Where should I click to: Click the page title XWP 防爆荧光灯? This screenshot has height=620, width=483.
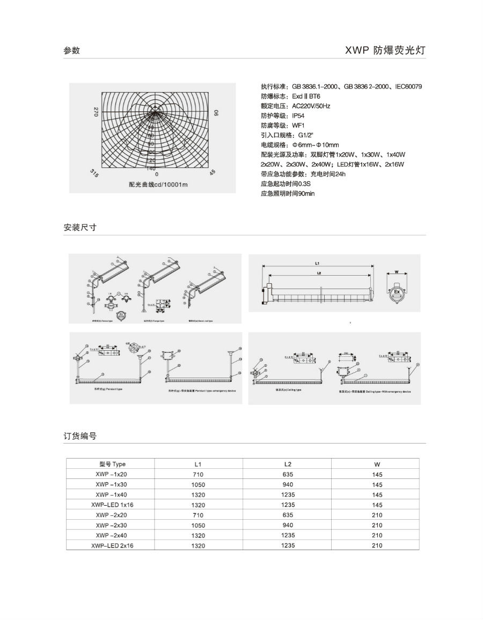385,50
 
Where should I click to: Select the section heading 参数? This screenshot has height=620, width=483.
71,50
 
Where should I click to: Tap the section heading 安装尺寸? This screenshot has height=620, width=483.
79,227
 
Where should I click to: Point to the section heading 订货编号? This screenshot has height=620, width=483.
79,436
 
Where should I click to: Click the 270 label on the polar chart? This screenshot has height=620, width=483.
96,112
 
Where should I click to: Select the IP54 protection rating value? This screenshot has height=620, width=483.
298,115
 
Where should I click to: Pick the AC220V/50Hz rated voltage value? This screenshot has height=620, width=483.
311,106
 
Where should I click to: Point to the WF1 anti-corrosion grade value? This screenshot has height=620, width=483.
299,125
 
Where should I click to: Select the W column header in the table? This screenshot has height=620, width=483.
377,464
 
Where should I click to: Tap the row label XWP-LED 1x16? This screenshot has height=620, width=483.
111,505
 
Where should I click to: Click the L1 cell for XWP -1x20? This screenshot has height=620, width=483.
198,475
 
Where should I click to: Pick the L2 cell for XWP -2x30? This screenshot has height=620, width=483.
288,525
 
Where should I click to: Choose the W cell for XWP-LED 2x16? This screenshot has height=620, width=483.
377,545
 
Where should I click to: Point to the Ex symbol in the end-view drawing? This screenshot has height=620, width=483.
396,292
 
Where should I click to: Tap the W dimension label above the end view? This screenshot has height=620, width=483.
396,271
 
